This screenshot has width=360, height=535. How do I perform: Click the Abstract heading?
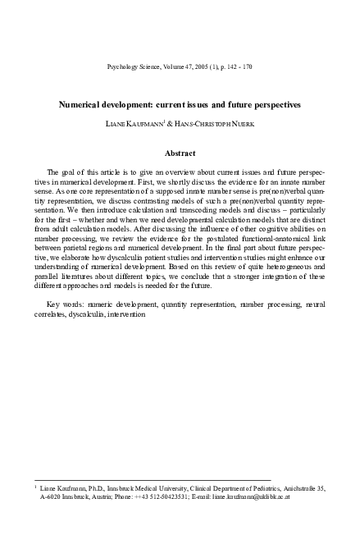tap(180, 153)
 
